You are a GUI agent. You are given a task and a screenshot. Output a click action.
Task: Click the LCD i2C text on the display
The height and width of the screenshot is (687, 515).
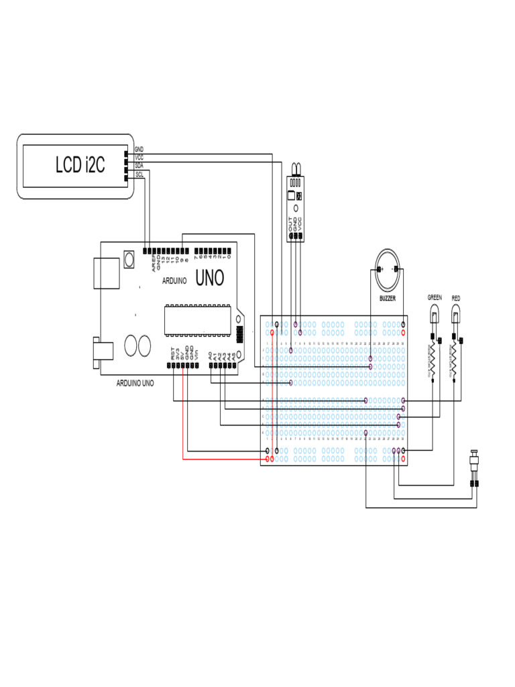(80, 165)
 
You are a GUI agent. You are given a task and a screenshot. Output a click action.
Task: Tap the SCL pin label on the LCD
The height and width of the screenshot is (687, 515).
(139, 174)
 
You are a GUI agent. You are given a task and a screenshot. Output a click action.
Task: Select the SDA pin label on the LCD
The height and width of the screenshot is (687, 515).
(139, 164)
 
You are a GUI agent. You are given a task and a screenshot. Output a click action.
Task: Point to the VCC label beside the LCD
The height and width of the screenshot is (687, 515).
(139, 156)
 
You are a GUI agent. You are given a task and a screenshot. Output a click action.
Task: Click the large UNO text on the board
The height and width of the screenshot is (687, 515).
(209, 278)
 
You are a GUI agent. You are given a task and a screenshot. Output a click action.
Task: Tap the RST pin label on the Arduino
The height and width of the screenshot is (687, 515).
(172, 354)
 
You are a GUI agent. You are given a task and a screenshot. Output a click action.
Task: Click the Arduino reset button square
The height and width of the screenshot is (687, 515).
(129, 259)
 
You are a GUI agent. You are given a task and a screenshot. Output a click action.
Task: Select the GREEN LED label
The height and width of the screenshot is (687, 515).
(435, 297)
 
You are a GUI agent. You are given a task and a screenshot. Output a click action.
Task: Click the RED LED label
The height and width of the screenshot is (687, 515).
(456, 297)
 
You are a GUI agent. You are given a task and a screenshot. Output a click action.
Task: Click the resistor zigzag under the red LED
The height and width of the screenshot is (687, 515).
(455, 359)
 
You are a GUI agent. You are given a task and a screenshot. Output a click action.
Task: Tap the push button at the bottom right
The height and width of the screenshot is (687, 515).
(475, 463)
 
